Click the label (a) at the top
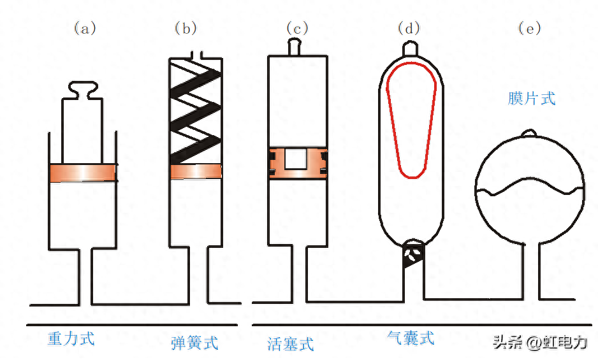click(85, 28)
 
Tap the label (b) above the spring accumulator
click(186, 28)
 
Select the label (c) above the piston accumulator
click(297, 28)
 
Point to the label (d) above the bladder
click(409, 28)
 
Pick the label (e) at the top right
click(529, 28)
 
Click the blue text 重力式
click(71, 338)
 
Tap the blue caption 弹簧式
click(194, 343)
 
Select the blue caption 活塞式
click(291, 344)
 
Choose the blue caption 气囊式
click(411, 338)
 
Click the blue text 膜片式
click(532, 98)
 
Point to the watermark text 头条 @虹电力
click(539, 342)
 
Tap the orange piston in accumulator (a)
click(83, 173)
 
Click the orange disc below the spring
click(195, 171)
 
